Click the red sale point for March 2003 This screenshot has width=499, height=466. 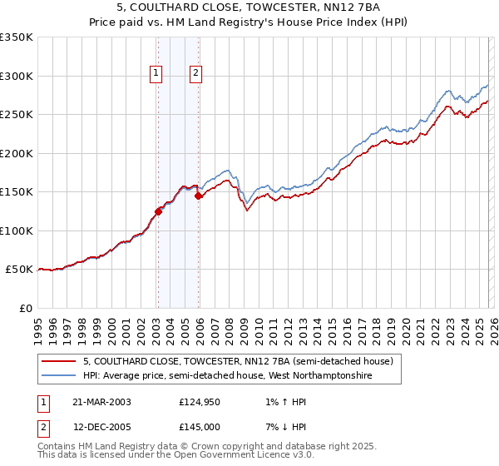[158, 211]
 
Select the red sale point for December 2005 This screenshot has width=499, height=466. [199, 196]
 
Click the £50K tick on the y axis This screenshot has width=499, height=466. [19, 270]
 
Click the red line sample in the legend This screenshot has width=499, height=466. [59, 361]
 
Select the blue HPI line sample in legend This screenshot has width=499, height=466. [59, 376]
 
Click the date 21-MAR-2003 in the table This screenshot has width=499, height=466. [101, 402]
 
